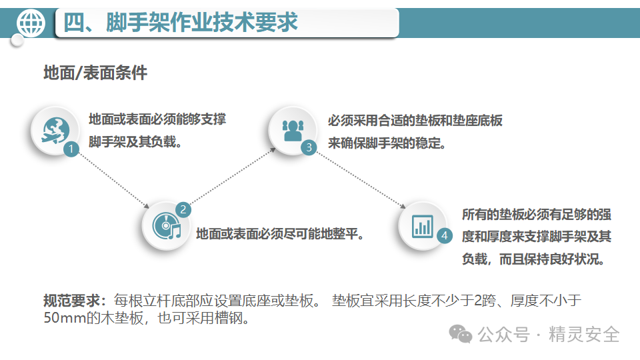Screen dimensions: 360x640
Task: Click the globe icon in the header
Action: [x=31, y=23]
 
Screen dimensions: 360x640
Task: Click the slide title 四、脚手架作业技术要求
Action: [x=181, y=23]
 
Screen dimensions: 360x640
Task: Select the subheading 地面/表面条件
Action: [x=95, y=73]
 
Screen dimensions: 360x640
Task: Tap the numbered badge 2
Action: [x=183, y=209]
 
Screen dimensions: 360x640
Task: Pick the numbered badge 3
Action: [x=308, y=148]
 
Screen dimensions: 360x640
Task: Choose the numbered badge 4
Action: [x=445, y=235]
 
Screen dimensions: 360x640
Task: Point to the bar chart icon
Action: [x=423, y=225]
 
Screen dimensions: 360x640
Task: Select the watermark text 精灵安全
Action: [x=584, y=334]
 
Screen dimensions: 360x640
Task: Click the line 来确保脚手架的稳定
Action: [x=387, y=143]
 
